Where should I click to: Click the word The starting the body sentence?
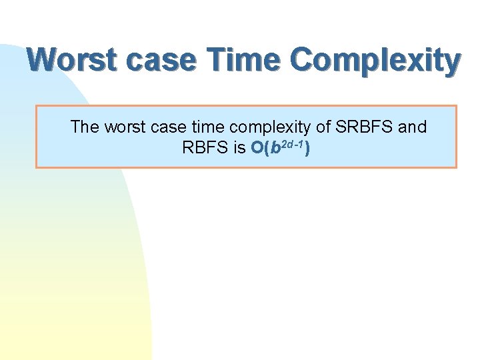(85, 127)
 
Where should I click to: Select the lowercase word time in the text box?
(203, 127)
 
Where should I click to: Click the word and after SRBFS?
(413, 127)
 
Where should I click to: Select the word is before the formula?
(239, 148)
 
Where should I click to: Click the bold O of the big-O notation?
(257, 148)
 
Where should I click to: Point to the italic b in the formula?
(274, 148)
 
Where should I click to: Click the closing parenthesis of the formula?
(307, 148)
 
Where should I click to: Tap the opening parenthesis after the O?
(266, 148)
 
